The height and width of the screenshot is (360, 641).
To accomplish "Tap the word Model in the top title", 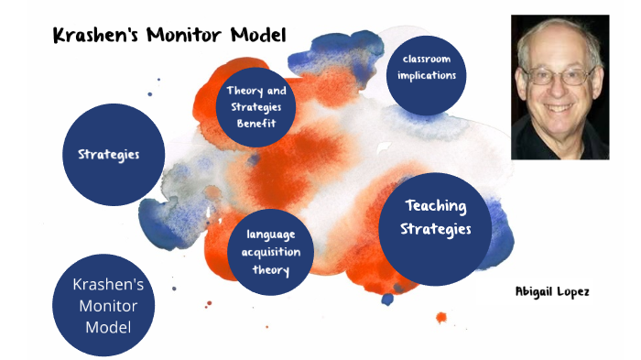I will [257, 36].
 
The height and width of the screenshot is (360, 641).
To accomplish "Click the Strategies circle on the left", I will [108, 154].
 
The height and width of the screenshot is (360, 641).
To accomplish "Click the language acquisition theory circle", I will [271, 253].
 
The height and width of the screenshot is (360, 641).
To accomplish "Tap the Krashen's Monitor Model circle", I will [108, 305].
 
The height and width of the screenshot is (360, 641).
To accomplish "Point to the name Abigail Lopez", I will [552, 290].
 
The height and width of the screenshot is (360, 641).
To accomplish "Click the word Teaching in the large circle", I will [436, 206].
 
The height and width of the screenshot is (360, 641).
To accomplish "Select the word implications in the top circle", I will [427, 75].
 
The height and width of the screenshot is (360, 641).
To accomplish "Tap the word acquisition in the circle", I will [271, 253].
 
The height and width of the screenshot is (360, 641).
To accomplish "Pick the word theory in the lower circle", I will [271, 269].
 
